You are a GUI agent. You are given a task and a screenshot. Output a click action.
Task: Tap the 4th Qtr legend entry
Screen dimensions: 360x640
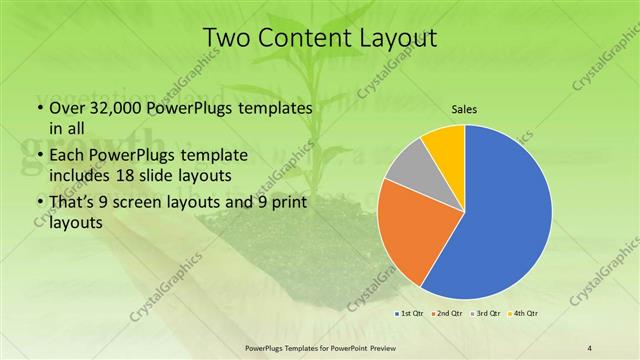[526, 314]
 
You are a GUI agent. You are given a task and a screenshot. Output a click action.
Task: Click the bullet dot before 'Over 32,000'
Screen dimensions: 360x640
[38, 107]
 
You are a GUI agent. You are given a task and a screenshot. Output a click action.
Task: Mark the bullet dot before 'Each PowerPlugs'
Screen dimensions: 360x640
[38, 155]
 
